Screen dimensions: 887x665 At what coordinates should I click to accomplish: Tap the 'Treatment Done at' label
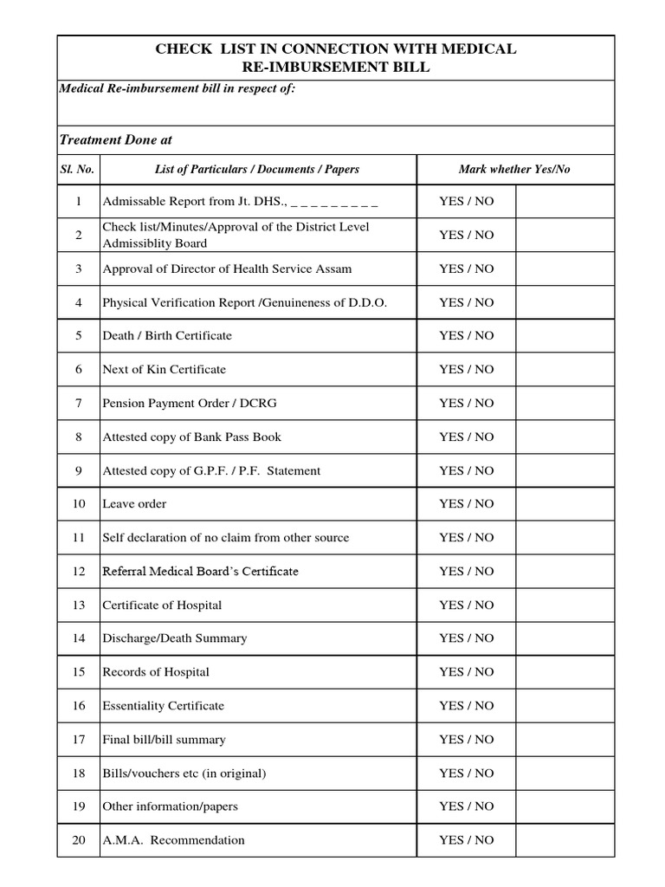pos(120,139)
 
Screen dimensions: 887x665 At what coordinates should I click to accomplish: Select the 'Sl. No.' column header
pos(78,169)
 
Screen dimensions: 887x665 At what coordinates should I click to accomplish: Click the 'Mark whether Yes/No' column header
pos(514,169)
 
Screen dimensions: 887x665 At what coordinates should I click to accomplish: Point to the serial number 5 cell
pos(78,335)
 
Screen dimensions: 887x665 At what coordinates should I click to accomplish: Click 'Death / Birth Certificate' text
pos(167,335)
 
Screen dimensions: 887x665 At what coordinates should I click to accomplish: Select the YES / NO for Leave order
pos(466,503)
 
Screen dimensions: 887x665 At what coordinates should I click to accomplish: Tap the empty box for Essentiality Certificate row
pos(565,706)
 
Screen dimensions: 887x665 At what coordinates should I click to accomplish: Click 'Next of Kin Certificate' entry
pos(164,369)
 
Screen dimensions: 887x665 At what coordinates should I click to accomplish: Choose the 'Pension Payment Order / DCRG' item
pos(190,403)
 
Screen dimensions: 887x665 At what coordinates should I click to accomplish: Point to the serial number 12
pos(78,571)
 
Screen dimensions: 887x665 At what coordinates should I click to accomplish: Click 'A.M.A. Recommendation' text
pos(173,840)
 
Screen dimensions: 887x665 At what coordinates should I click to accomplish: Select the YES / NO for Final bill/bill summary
pos(466,739)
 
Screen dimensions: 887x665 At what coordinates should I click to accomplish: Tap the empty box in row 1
pos(565,201)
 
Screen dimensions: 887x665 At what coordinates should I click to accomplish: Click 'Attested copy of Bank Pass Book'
pos(191,437)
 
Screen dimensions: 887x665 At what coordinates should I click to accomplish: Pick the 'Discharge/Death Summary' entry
pos(174,638)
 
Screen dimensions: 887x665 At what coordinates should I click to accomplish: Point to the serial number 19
pos(78,806)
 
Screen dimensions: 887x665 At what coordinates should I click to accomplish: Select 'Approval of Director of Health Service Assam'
pos(227,269)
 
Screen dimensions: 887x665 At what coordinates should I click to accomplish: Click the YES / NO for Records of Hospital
pos(466,672)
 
